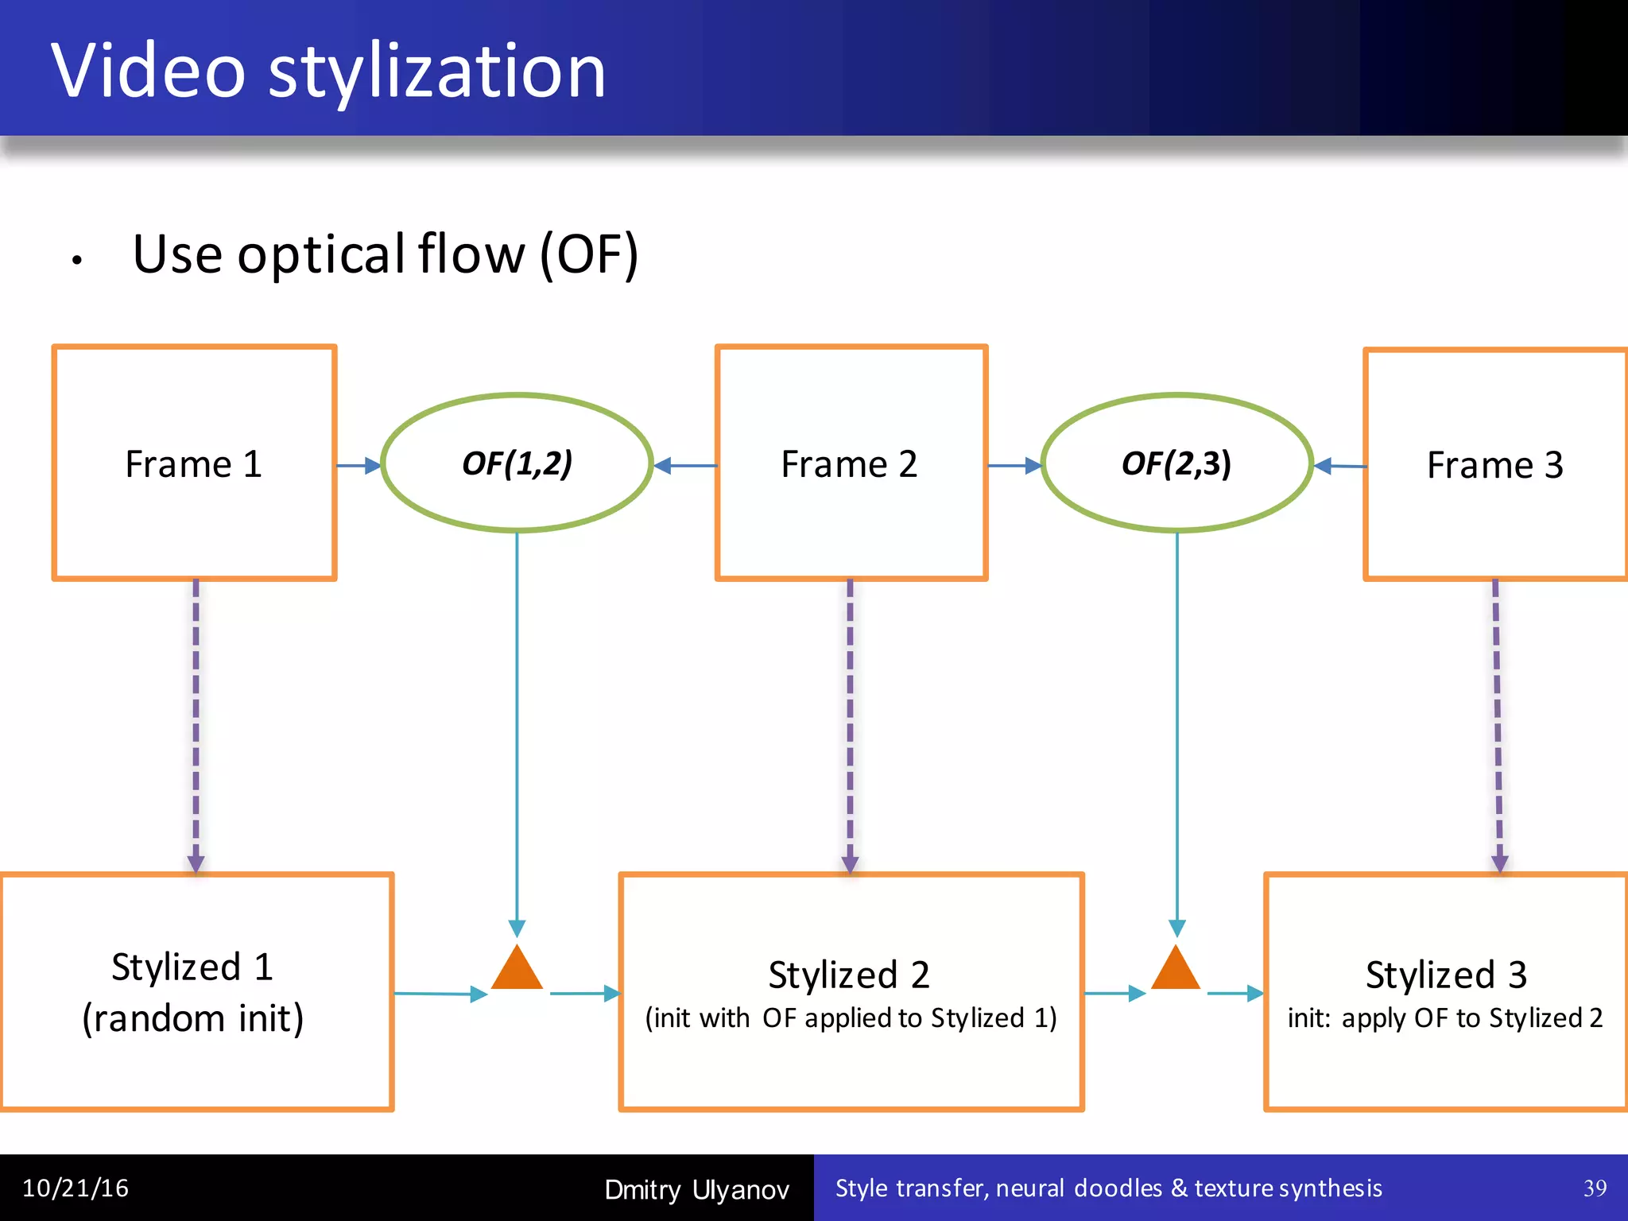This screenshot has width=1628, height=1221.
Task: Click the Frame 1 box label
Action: click(x=193, y=464)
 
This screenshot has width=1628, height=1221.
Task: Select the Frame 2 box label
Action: click(x=849, y=464)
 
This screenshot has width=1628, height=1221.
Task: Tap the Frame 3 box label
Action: click(x=1494, y=465)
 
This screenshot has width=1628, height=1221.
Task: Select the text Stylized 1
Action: click(x=192, y=967)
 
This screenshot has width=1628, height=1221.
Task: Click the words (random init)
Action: click(x=193, y=1019)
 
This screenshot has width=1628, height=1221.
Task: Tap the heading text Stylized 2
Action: click(x=849, y=975)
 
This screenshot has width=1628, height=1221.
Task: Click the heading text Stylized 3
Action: click(x=1446, y=975)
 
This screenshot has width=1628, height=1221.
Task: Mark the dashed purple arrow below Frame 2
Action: click(x=850, y=723)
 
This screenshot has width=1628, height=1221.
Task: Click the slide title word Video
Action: click(x=149, y=72)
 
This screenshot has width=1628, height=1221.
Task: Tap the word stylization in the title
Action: click(x=437, y=72)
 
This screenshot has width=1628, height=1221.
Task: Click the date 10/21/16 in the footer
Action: click(x=76, y=1188)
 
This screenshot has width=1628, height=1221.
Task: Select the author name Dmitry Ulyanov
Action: click(x=696, y=1190)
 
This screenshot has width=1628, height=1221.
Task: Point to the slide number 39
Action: click(x=1595, y=1188)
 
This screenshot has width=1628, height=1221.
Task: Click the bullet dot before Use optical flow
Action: click(x=77, y=260)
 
